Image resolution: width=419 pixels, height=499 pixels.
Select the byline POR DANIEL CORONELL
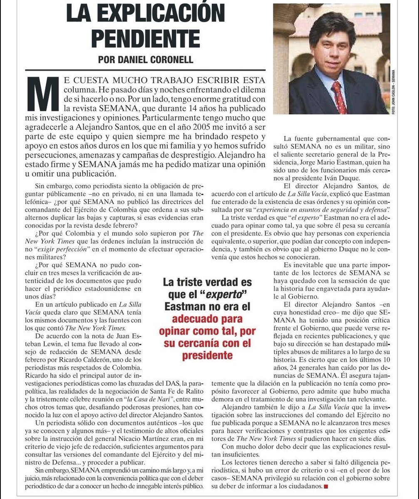(x=146, y=59)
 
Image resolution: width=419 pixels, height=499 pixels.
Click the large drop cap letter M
(x=45, y=91)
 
